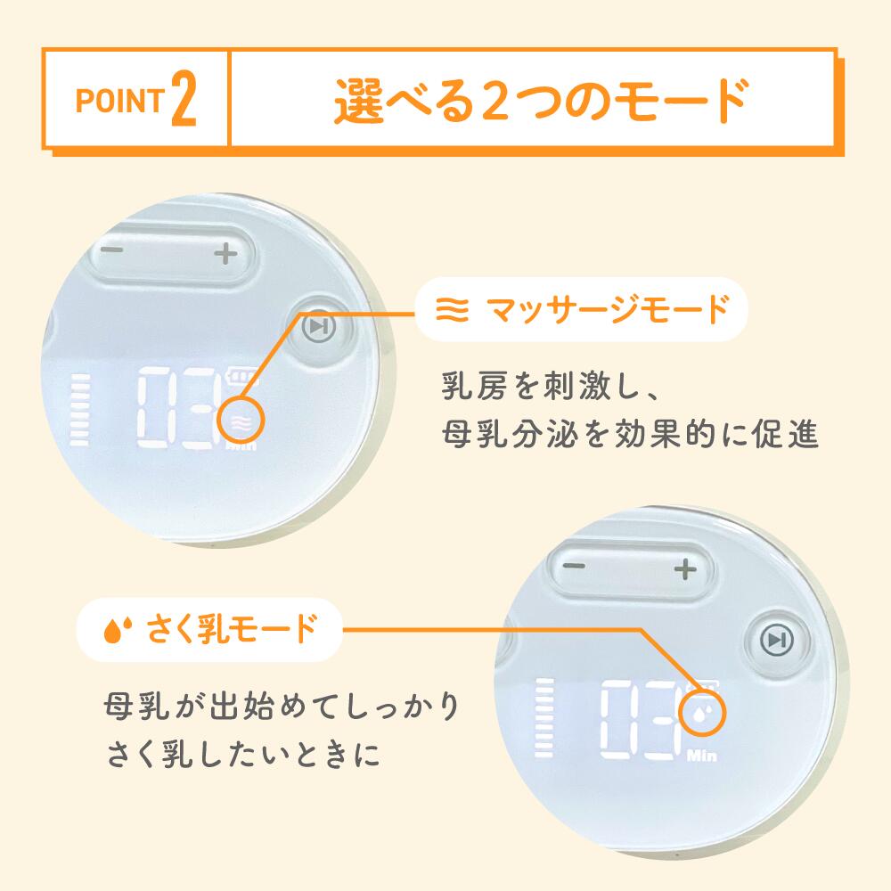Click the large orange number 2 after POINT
click(x=184, y=98)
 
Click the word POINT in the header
click(x=120, y=101)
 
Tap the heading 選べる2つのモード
click(x=542, y=101)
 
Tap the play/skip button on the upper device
click(x=319, y=327)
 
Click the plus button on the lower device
click(x=684, y=568)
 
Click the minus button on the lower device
click(x=574, y=566)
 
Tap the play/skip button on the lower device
click(x=776, y=641)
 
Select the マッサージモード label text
click(x=608, y=310)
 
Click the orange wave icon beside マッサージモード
click(x=453, y=310)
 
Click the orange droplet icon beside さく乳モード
click(x=118, y=630)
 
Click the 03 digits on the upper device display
click(x=178, y=407)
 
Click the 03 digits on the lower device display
click(x=642, y=719)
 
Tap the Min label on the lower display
click(x=702, y=756)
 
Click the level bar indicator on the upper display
click(x=79, y=409)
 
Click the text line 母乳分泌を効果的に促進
click(x=630, y=435)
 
